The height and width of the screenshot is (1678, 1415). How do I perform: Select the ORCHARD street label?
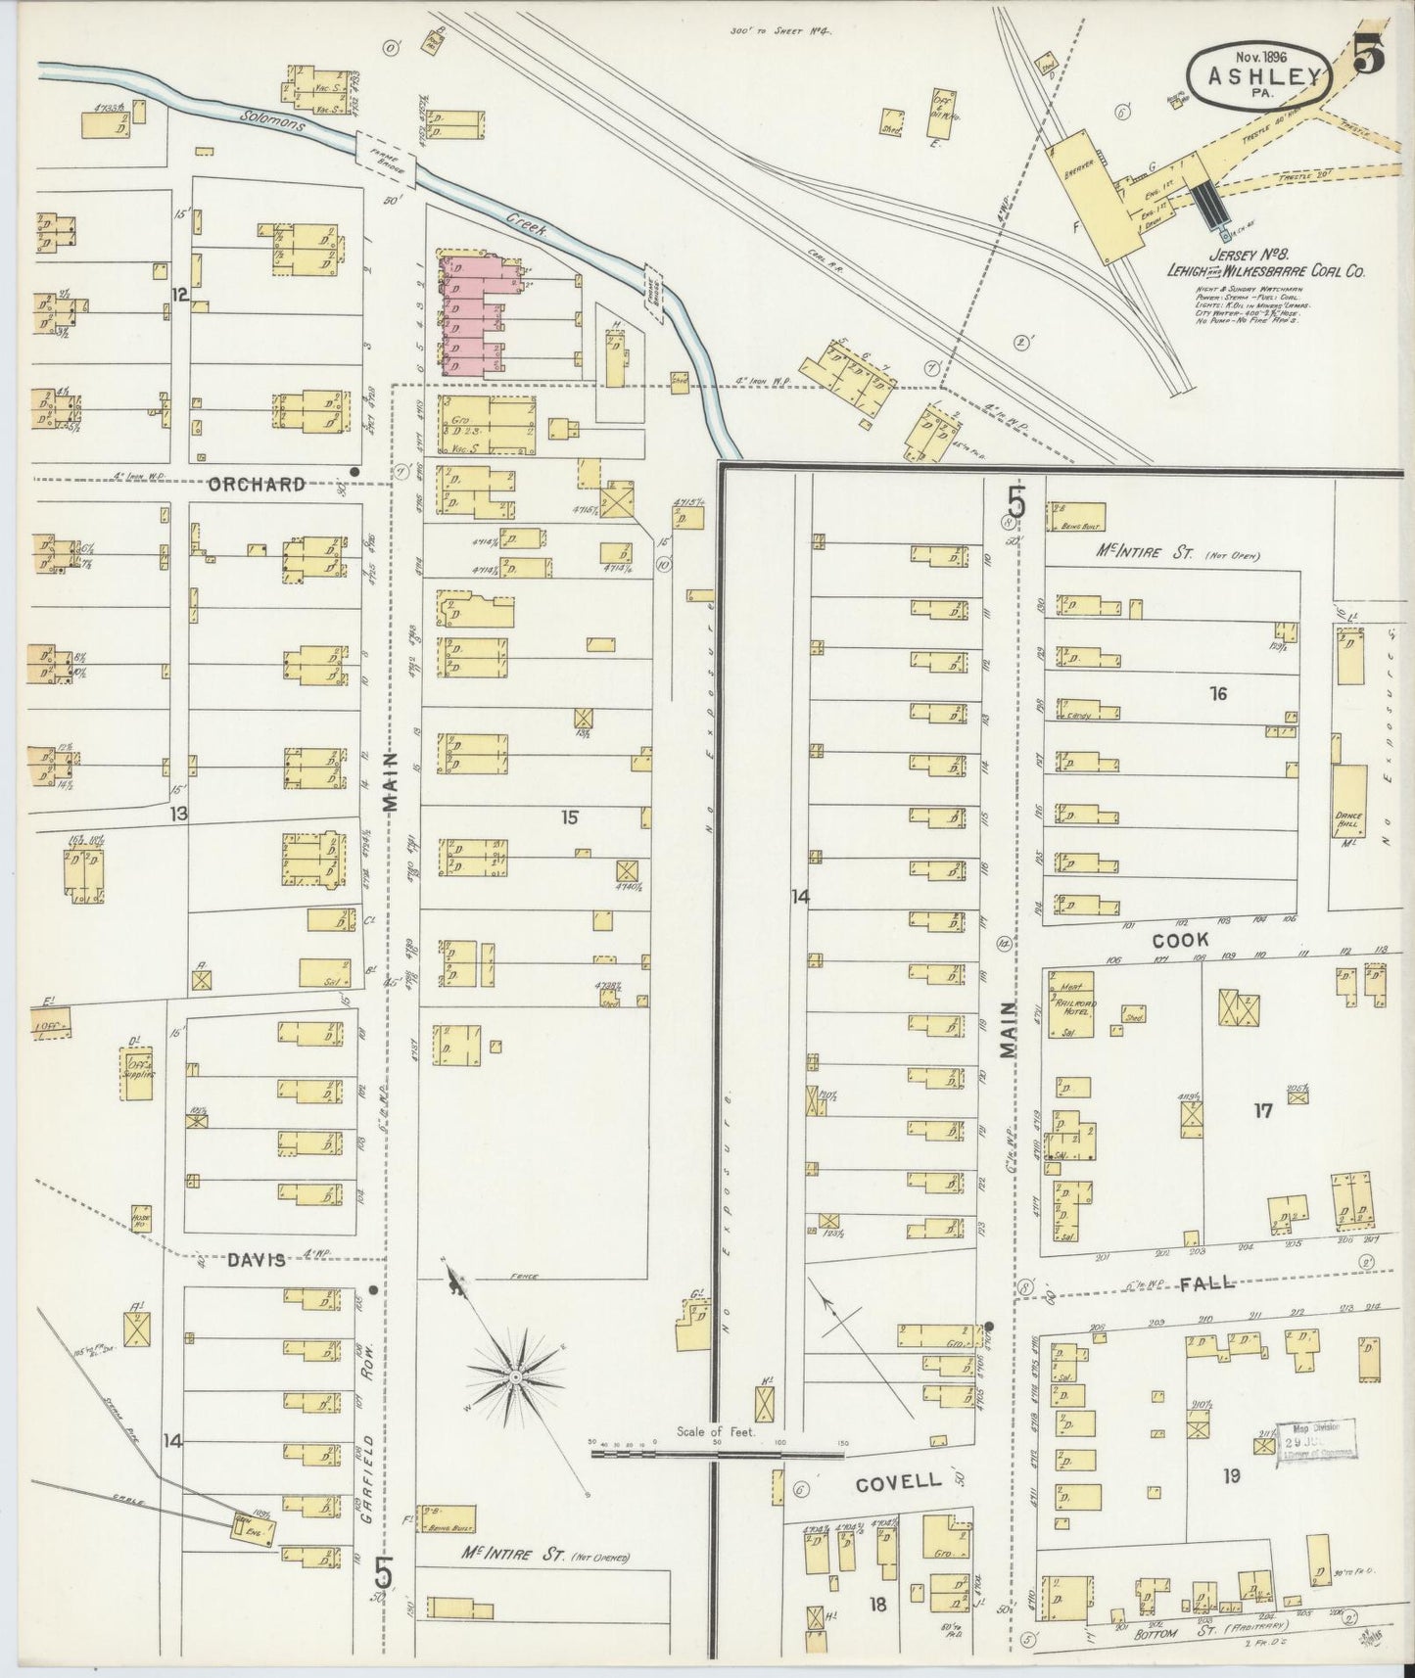coord(258,484)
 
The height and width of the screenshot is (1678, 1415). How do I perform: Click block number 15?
coord(569,818)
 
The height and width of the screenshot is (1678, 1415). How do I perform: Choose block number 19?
coord(1231,1475)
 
